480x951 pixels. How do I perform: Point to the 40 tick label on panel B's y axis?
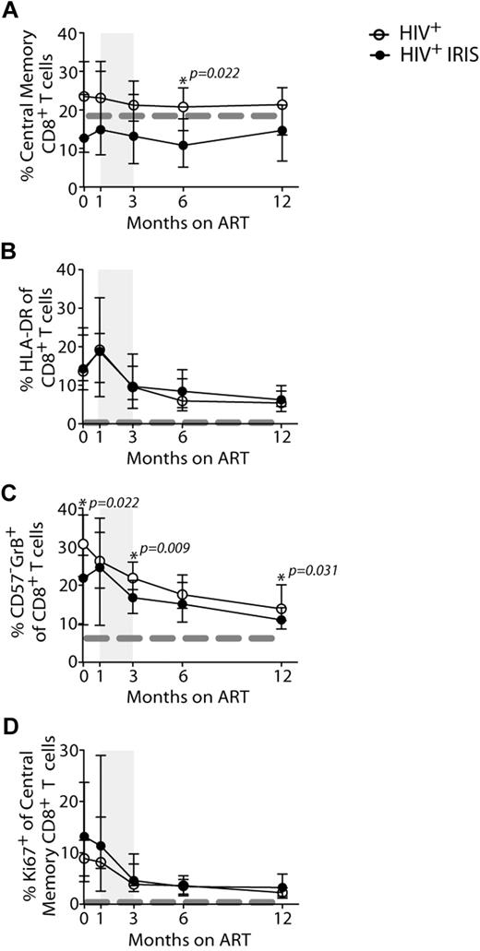pyautogui.click(x=65, y=270)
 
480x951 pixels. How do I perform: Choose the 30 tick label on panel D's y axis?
pyautogui.click(x=65, y=751)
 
